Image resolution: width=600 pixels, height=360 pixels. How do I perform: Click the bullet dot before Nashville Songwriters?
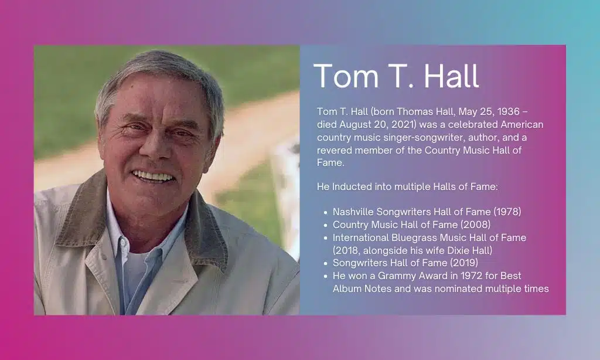(x=325, y=212)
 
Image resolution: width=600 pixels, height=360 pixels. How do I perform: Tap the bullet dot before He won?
(x=325, y=276)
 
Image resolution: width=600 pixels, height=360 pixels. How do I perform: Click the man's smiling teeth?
(x=152, y=176)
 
